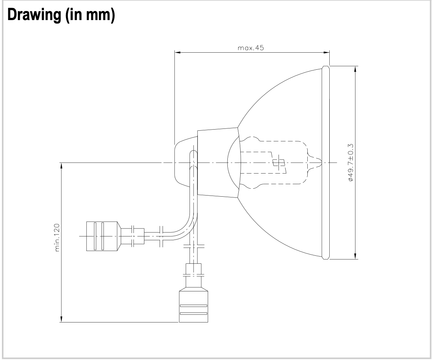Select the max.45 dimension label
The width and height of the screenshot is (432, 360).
pyautogui.click(x=250, y=48)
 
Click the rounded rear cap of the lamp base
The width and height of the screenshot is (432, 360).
pyautogui.click(x=182, y=163)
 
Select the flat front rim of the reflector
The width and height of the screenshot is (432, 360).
pyautogui.click(x=326, y=163)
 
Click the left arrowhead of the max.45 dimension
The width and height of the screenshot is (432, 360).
pyautogui.click(x=177, y=53)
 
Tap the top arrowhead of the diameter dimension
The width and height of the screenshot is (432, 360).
pyautogui.click(x=355, y=69)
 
